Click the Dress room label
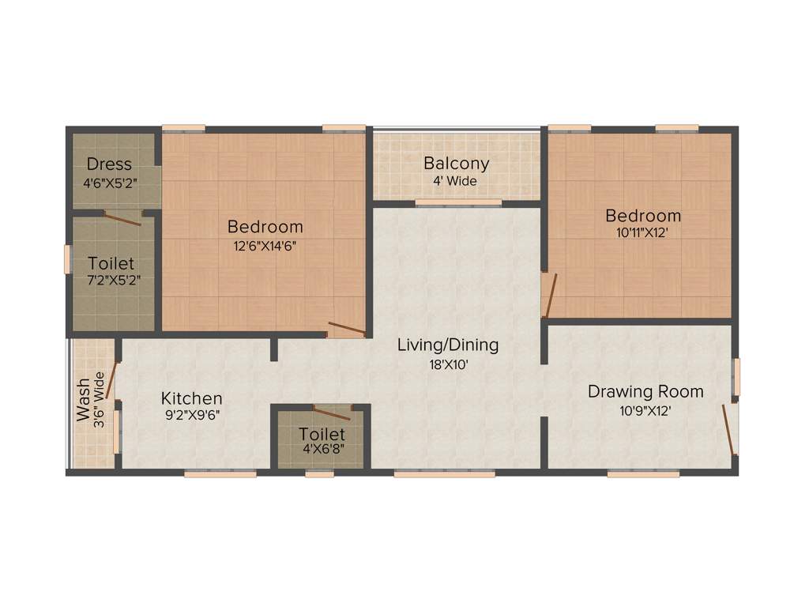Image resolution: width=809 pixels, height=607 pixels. [x=109, y=164]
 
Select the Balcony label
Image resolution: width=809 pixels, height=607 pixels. [x=457, y=164]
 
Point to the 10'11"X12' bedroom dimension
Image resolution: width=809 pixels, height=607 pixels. [x=643, y=233]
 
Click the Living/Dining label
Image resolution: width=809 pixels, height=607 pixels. [x=448, y=345]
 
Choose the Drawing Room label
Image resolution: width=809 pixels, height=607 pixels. [x=645, y=391]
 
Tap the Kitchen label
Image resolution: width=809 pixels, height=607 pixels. [x=191, y=398]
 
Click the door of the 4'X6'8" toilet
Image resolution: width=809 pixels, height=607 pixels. [x=332, y=412]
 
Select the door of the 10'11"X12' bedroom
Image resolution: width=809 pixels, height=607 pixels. [x=550, y=295]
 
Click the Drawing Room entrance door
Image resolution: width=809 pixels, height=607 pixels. [x=730, y=431]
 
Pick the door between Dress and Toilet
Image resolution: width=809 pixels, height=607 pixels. [x=123, y=219]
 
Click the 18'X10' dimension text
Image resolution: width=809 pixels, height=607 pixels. [x=448, y=365]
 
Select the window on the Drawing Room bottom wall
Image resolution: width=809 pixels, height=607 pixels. [x=643, y=473]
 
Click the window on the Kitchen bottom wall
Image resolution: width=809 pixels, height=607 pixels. [x=220, y=473]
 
